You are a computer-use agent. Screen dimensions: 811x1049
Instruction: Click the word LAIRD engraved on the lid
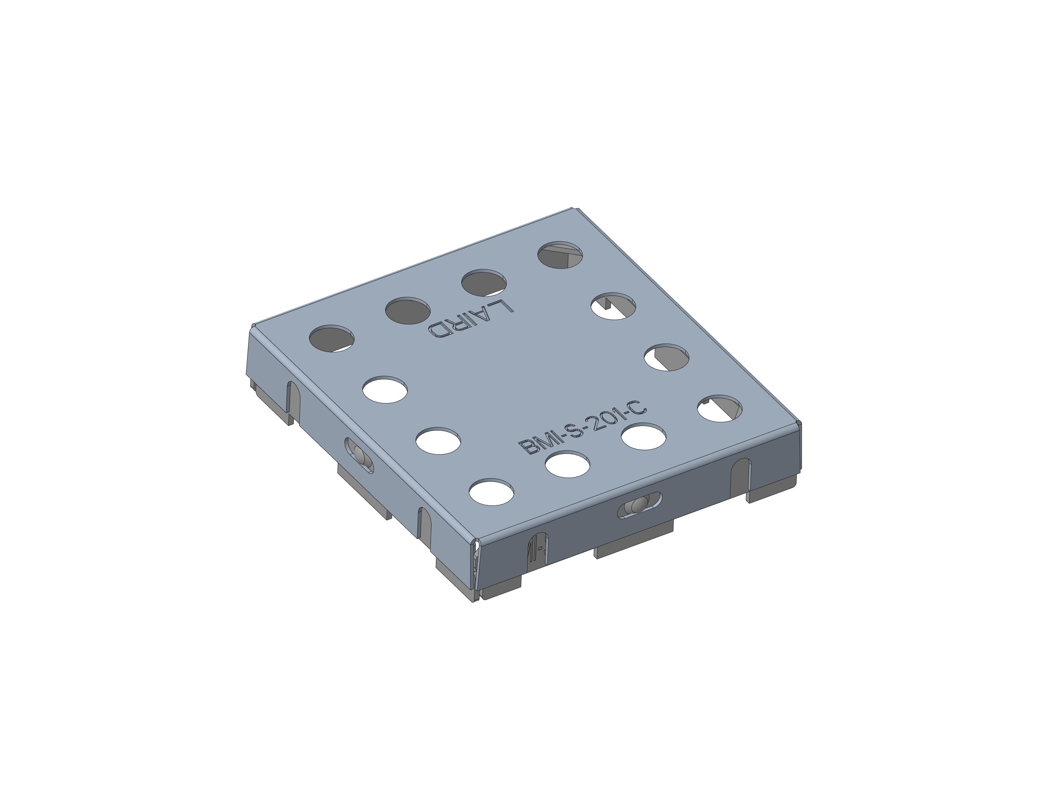471,320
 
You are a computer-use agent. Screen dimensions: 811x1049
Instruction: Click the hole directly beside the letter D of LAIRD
407,310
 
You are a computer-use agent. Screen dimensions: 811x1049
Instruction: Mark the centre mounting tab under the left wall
364,490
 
